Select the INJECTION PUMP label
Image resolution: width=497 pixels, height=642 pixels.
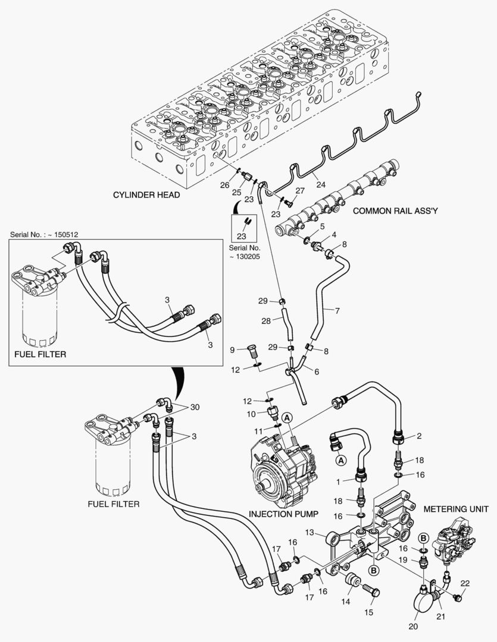click(x=283, y=513)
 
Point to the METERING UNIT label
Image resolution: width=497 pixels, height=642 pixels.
click(x=456, y=509)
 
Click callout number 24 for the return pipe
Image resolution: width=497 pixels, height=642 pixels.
click(x=321, y=184)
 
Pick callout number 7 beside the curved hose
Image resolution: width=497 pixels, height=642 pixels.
click(x=337, y=310)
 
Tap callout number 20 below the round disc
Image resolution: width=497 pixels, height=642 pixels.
click(x=412, y=626)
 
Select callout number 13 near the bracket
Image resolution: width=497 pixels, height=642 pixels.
click(x=310, y=532)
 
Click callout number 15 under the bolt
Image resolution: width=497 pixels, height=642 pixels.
click(x=368, y=612)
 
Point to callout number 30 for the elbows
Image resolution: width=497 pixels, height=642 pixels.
click(x=195, y=407)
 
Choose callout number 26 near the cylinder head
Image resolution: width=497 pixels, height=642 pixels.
click(x=224, y=185)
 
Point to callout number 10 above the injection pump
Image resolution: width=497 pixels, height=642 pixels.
click(x=252, y=413)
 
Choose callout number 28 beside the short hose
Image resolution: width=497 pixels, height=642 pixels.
click(x=265, y=320)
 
